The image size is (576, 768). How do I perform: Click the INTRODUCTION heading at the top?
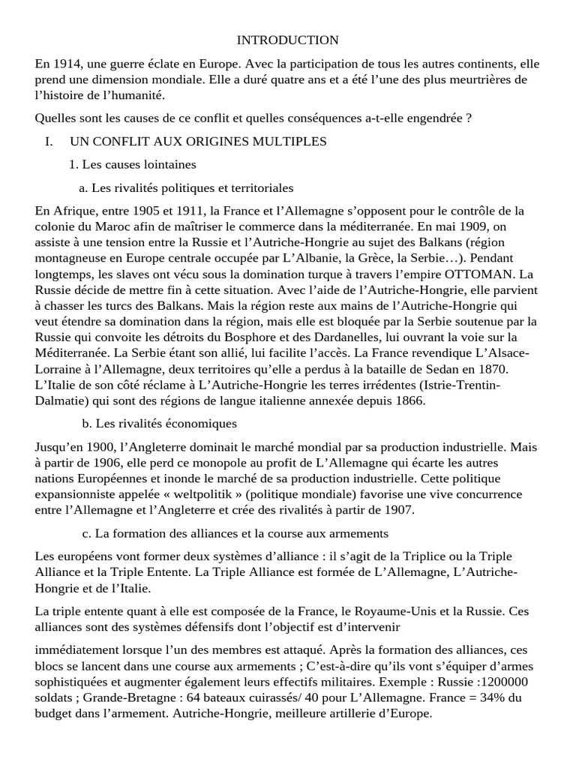288,40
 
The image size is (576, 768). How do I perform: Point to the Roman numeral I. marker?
49,141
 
